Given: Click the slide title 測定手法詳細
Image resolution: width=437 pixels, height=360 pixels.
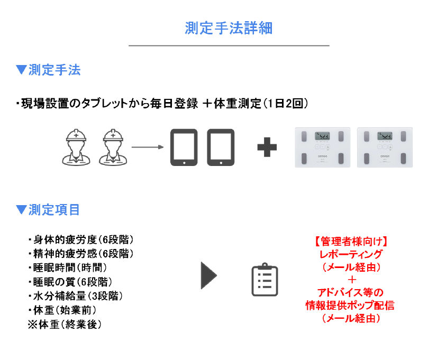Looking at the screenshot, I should pos(229,28).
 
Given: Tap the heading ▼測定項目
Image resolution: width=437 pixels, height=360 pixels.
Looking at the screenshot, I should pos(48,210).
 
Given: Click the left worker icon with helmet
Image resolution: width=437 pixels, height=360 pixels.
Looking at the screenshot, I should pos(79,147).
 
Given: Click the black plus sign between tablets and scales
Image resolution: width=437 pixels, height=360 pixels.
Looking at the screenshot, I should pos(267,147).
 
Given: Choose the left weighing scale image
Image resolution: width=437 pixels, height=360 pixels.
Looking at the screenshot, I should pos(322,147).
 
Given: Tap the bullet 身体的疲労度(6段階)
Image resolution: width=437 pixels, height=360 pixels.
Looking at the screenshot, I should pos(80,239).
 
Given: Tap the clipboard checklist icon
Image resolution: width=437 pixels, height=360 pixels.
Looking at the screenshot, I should pos(264,280).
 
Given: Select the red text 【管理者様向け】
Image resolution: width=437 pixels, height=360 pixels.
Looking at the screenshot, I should pos(350,242).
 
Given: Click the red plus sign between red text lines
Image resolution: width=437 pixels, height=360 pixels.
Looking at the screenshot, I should pos(351,280).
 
